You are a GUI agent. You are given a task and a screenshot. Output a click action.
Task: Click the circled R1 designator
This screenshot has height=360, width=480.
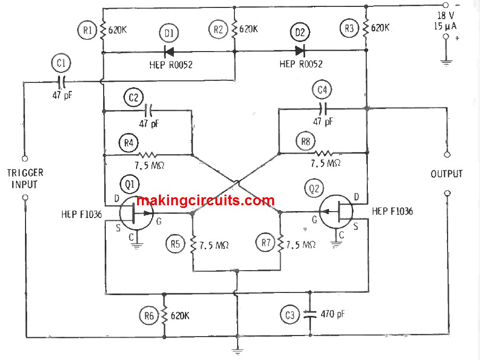(x=87, y=30)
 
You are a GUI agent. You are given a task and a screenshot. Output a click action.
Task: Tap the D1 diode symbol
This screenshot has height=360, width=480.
(x=169, y=52)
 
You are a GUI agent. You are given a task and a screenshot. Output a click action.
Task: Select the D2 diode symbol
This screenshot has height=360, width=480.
(x=300, y=51)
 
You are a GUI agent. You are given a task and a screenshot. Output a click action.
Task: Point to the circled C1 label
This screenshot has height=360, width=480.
(x=61, y=63)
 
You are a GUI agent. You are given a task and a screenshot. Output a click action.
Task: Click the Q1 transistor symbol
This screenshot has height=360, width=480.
(x=136, y=213)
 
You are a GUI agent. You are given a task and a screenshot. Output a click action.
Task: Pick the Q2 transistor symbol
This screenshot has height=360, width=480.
(x=336, y=212)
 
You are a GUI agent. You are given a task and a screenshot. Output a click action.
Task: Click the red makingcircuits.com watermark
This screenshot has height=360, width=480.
(x=205, y=200)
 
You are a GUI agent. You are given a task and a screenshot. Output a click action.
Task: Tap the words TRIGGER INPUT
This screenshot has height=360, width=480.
(x=25, y=179)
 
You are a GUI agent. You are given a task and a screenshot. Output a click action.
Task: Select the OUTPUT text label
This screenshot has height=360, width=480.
(x=447, y=174)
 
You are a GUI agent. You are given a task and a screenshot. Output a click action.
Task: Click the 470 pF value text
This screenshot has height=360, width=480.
(x=332, y=314)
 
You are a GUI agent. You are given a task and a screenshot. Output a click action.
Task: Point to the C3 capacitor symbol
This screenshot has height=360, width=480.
(x=310, y=314)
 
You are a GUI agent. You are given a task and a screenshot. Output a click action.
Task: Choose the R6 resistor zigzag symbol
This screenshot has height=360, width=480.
(x=164, y=315)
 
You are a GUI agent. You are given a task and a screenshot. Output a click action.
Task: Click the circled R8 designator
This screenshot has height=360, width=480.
(x=306, y=141)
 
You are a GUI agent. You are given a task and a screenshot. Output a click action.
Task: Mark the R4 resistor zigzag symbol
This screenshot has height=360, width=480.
(x=148, y=155)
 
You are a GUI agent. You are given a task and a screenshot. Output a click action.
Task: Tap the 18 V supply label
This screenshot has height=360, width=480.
(x=445, y=15)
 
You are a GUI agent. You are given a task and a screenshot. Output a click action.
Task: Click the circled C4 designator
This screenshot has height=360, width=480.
(x=322, y=90)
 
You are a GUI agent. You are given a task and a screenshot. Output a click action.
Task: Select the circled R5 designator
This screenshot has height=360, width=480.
(x=175, y=244)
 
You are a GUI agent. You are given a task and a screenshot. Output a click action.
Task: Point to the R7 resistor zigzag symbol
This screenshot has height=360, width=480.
(x=281, y=244)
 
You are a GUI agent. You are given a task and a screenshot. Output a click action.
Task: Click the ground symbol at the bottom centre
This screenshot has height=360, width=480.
(x=237, y=351)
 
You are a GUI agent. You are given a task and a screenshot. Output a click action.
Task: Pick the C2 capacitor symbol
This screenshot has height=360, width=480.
(x=148, y=110)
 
